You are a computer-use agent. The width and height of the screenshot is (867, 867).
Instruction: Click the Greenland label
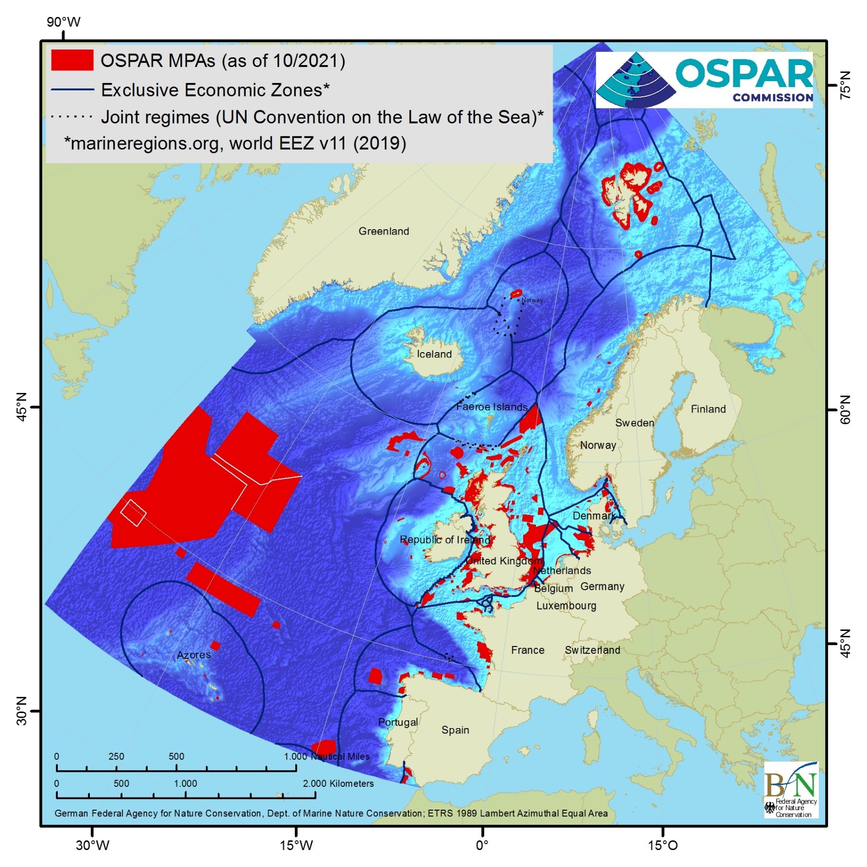pyautogui.click(x=384, y=231)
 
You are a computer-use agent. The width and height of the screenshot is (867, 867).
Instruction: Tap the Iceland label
pyautogui.click(x=434, y=354)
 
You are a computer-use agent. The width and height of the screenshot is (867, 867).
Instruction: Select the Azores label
pyautogui.click(x=194, y=655)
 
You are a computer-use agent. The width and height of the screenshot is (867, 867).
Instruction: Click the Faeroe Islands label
pyautogui.click(x=492, y=407)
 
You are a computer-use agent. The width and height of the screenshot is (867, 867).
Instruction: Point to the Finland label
pyautogui.click(x=708, y=409)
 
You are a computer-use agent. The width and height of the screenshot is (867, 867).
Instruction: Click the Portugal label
pyautogui.click(x=398, y=722)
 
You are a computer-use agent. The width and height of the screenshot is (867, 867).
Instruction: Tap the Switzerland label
pyautogui.click(x=592, y=650)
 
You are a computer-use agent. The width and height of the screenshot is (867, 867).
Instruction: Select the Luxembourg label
pyautogui.click(x=566, y=606)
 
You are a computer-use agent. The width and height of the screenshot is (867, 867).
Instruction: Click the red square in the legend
pyautogui.click(x=72, y=61)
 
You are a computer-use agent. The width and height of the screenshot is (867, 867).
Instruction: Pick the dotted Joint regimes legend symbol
pyautogui.click(x=72, y=117)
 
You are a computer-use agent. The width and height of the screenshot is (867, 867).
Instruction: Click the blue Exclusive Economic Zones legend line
pyautogui.click(x=72, y=90)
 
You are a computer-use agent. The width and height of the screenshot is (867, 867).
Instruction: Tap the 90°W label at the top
pyautogui.click(x=63, y=22)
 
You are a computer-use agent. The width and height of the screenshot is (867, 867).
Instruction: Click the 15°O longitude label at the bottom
pyautogui.click(x=663, y=846)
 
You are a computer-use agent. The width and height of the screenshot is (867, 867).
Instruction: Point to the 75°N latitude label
pyautogui.click(x=846, y=85)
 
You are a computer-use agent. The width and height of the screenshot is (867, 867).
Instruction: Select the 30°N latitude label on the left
pyautogui.click(x=22, y=711)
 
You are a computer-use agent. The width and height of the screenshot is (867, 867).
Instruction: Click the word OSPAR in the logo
pyautogui.click(x=744, y=73)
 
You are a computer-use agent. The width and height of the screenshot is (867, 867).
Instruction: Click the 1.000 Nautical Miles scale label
pyautogui.click(x=327, y=756)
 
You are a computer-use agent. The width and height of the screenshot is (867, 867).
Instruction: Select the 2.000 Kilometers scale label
pyautogui.click(x=338, y=783)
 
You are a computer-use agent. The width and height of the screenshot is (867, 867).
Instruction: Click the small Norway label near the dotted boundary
pyautogui.click(x=532, y=300)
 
